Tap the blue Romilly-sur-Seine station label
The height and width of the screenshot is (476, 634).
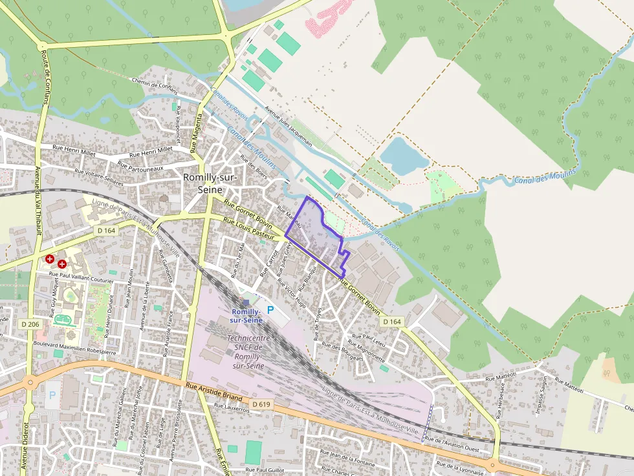click(x=245, y=316)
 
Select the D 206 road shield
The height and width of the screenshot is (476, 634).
click(x=30, y=324)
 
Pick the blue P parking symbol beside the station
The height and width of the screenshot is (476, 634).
click(x=270, y=311)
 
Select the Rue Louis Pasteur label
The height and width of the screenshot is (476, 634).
click(x=249, y=229)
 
